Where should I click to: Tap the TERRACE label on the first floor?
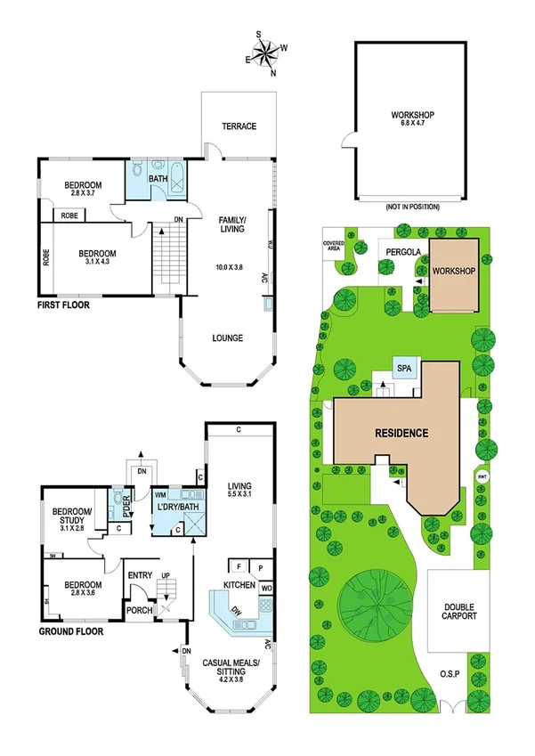(x=239, y=126)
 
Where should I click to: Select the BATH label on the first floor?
(x=158, y=179)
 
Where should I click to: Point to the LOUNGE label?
(x=227, y=337)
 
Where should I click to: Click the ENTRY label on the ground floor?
(x=141, y=575)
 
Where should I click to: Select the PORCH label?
(x=138, y=610)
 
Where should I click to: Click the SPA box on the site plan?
(x=403, y=368)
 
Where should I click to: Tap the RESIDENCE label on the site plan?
(x=401, y=434)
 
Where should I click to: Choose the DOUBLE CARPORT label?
(x=460, y=611)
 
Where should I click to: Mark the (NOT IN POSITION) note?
(x=412, y=207)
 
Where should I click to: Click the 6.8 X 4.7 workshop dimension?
(x=412, y=124)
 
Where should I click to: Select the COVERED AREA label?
(x=334, y=245)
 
